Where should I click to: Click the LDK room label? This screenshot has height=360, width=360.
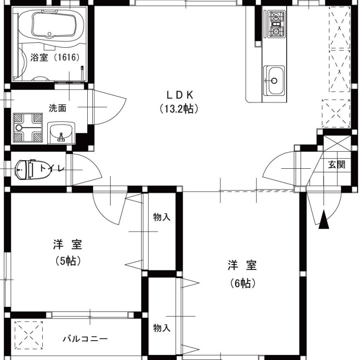point(180,95)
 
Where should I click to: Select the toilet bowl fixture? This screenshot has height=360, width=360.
point(32,170)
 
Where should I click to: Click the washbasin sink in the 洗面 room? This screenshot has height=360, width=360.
point(61,133)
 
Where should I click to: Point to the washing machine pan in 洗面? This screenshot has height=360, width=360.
point(28,128)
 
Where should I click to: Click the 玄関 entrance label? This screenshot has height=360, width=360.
point(337,164)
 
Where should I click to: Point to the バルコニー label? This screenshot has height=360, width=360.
point(85,339)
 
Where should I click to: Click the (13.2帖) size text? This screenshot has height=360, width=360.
point(179,109)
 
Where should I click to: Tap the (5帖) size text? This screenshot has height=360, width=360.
point(68,261)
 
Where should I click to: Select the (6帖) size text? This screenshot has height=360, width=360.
point(243,283)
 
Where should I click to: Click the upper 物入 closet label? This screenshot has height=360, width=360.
point(162,217)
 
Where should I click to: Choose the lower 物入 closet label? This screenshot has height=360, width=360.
point(162,328)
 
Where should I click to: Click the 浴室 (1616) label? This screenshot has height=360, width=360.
point(55,58)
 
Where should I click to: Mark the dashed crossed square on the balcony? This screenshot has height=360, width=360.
point(29,335)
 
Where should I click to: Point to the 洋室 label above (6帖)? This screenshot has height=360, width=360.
point(242,265)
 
